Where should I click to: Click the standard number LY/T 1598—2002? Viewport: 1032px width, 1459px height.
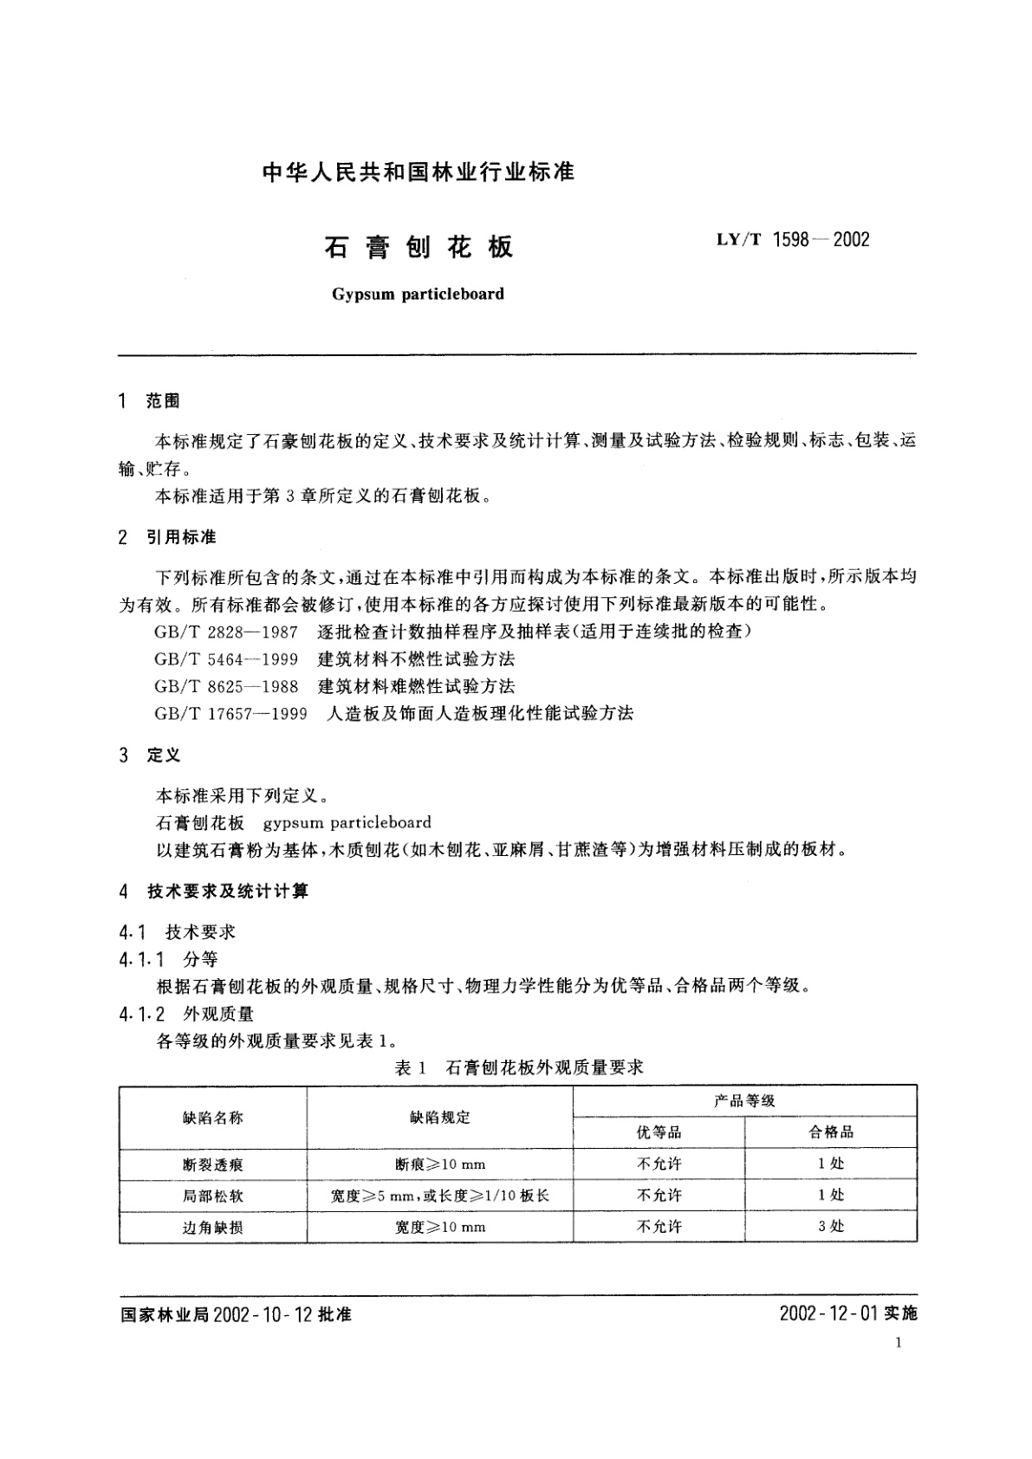[792, 240]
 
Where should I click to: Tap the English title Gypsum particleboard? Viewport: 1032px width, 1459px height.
[418, 294]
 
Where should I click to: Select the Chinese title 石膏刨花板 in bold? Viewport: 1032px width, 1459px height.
[419, 247]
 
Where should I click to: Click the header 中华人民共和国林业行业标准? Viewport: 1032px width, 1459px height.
[418, 172]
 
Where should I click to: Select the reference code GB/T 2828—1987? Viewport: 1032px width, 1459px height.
[226, 632]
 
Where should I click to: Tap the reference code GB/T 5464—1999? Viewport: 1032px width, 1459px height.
[226, 658]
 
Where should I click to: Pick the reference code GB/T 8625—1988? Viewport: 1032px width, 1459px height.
[226, 686]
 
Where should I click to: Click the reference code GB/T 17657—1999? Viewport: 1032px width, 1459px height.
[230, 713]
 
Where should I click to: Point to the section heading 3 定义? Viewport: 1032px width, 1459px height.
[149, 755]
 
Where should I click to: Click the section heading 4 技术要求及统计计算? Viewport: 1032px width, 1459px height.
[213, 891]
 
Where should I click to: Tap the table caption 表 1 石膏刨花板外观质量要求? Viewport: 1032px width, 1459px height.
[518, 1067]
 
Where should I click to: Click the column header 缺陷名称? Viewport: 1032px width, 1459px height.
[212, 1118]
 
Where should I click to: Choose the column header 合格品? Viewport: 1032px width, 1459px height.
[831, 1132]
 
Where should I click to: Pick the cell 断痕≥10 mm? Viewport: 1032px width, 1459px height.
[439, 1164]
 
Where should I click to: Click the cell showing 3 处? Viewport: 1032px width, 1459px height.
[831, 1226]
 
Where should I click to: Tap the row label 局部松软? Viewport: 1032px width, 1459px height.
[212, 1196]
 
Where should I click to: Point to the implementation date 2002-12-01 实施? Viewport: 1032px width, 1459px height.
[847, 1313]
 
